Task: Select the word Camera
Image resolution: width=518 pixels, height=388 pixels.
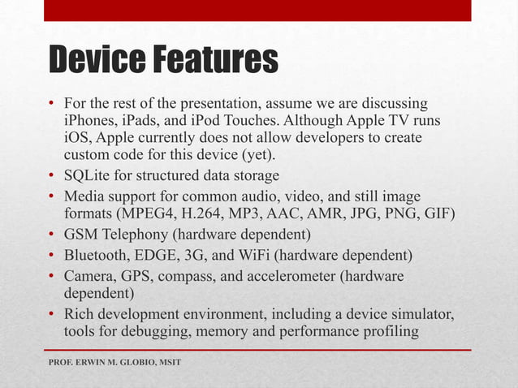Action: click(89, 277)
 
